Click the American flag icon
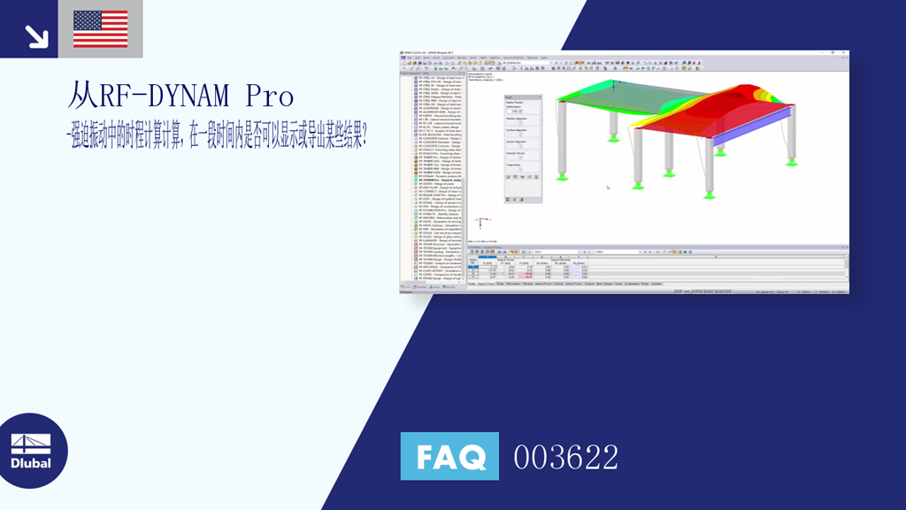pos(101,28)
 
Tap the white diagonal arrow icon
pos(35,35)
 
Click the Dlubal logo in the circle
pos(31,451)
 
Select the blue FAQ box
pos(449,457)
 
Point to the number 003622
pos(566,458)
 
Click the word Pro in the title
pos(270,95)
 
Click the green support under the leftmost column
pos(563,171)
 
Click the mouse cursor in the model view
pos(608,187)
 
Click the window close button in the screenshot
pos(845,53)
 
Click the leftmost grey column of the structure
pos(561,137)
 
